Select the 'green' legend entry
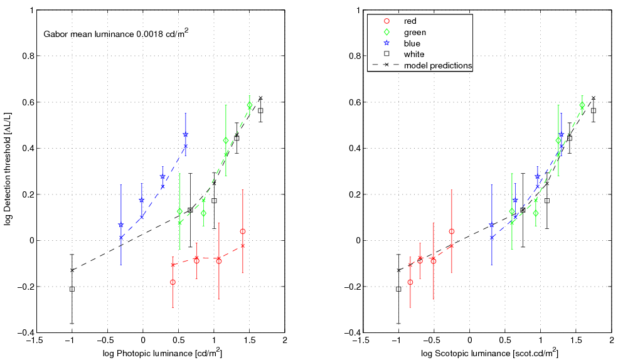(x=415, y=32)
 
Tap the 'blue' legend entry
(x=412, y=43)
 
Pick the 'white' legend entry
(x=414, y=55)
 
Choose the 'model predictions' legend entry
(x=438, y=65)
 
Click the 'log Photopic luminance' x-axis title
(x=162, y=354)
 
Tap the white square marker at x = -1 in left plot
(x=72, y=289)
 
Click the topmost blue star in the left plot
(x=186, y=134)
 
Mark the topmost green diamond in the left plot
(x=250, y=105)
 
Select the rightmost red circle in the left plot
(x=242, y=231)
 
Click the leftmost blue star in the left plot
(x=121, y=225)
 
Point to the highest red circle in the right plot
(x=451, y=231)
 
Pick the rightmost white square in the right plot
(x=594, y=110)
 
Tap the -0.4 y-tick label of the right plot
(x=348, y=333)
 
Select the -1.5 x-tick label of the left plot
(x=36, y=341)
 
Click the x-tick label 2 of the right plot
(x=611, y=341)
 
